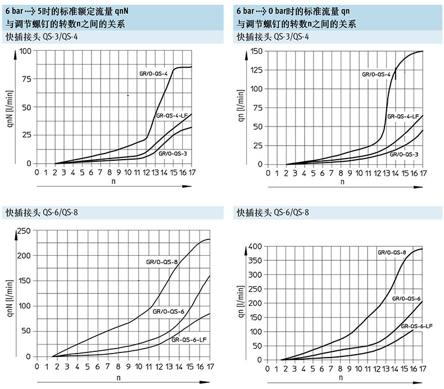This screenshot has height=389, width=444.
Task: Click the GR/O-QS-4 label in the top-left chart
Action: tap(153, 74)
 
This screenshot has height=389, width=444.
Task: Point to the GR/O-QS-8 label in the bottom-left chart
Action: tap(162, 261)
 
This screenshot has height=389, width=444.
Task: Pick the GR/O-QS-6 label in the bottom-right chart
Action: tap(406, 298)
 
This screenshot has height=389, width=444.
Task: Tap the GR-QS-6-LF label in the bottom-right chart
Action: tap(416, 326)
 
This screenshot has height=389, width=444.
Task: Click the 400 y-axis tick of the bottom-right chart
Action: tap(255, 246)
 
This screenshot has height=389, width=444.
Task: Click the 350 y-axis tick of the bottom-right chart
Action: tap(255, 261)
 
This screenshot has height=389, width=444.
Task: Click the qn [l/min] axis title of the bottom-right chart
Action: tap(241, 303)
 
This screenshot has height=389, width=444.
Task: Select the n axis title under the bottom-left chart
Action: tap(117, 378)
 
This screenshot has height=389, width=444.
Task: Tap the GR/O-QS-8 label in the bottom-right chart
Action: tap(392, 252)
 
